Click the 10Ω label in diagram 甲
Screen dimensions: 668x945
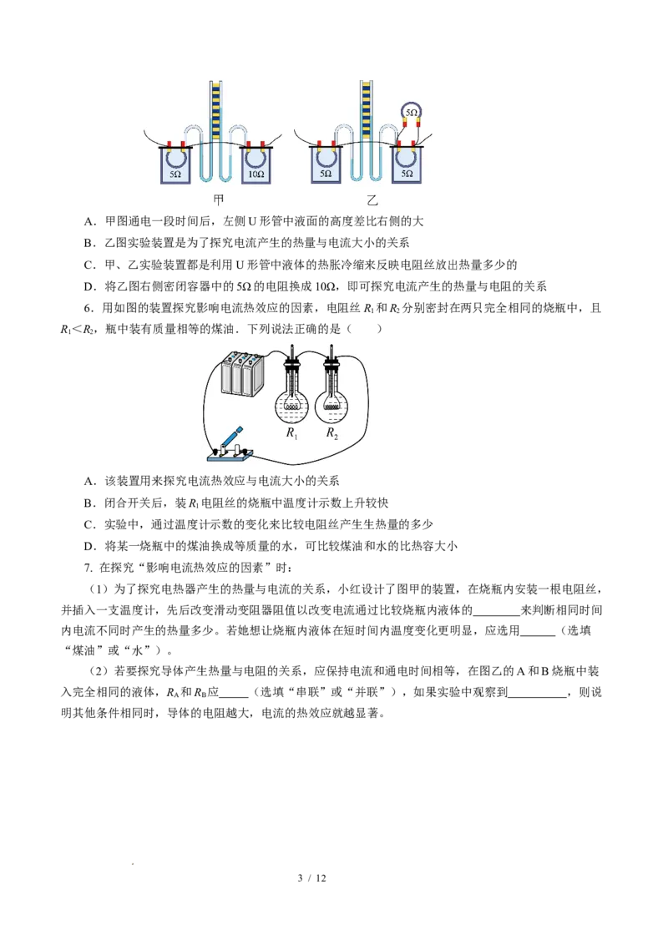[x=256, y=174]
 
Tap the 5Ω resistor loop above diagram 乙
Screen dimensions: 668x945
[x=411, y=112]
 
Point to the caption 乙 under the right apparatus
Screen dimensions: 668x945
[x=372, y=200]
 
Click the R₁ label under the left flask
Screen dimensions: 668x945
[x=291, y=432]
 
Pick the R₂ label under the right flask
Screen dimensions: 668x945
[x=332, y=432]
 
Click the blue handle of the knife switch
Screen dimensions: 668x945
[x=232, y=436]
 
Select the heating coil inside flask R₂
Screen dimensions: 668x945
[x=331, y=407]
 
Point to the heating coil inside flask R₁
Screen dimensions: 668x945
[x=291, y=407]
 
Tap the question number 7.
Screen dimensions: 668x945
[x=89, y=567]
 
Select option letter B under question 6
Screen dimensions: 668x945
[x=90, y=503]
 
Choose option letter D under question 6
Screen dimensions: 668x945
[x=90, y=546]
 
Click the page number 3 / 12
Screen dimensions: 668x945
[x=311, y=878]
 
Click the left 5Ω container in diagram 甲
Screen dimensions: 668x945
[x=175, y=164]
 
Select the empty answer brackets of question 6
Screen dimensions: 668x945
[x=365, y=329]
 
